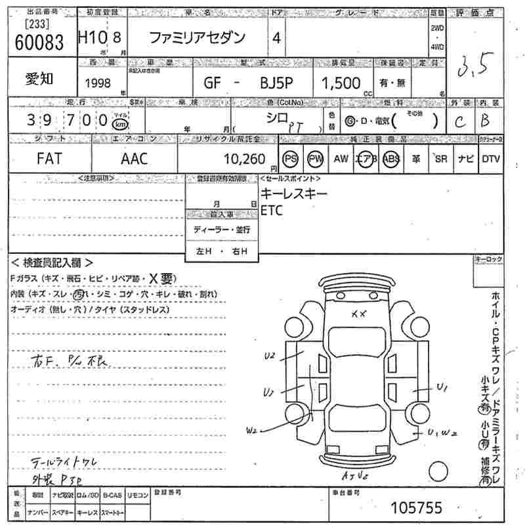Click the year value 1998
(x=98, y=83)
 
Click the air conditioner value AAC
(x=135, y=159)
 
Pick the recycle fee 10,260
(x=244, y=159)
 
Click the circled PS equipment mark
(x=290, y=159)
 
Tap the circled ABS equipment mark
(x=391, y=159)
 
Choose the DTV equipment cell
(x=490, y=159)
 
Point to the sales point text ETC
(x=272, y=211)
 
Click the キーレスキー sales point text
(x=293, y=194)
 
